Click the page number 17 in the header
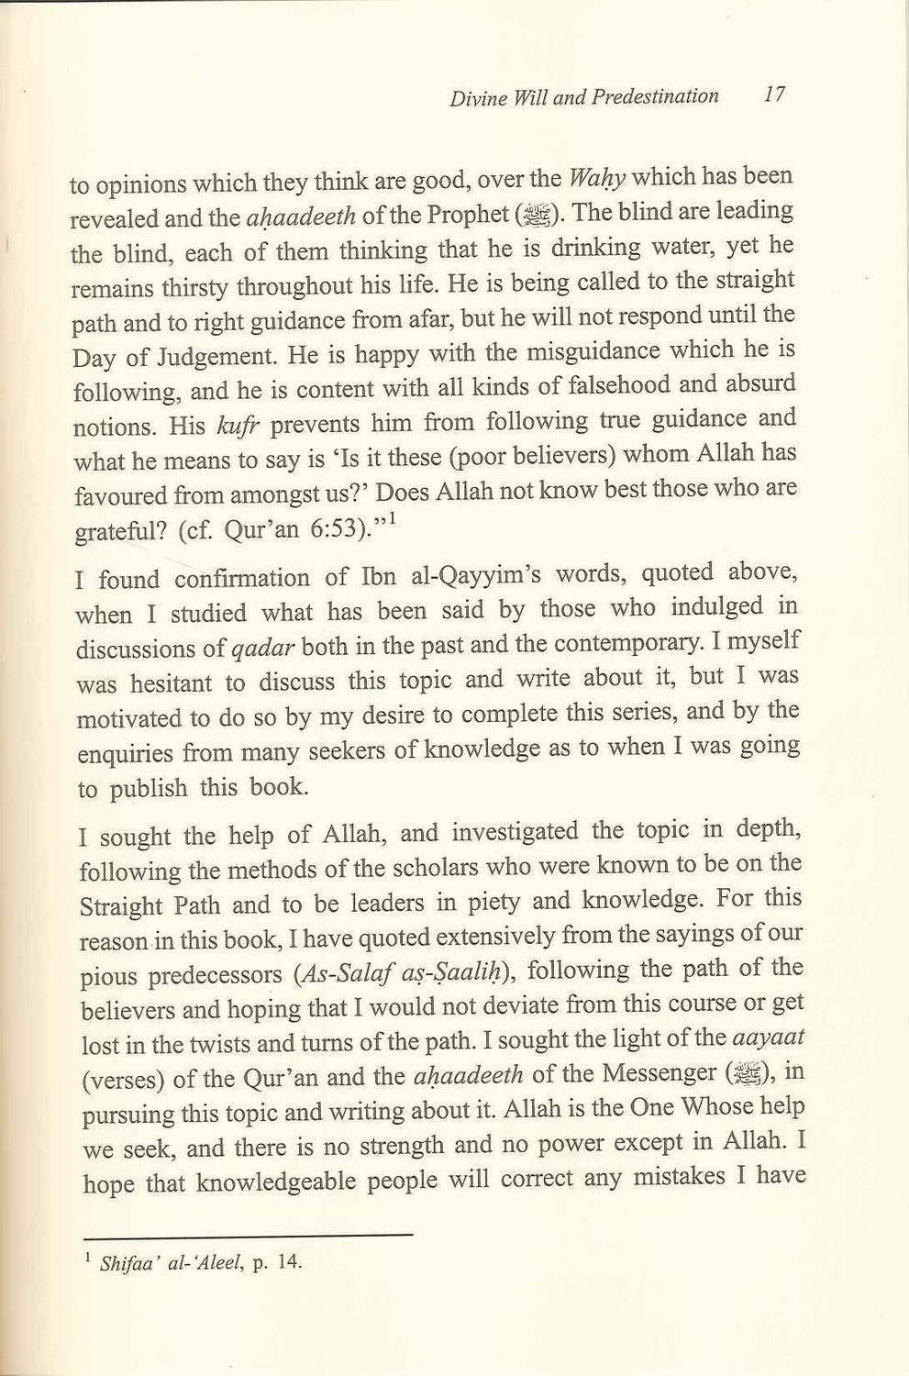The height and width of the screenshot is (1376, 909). (773, 95)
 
